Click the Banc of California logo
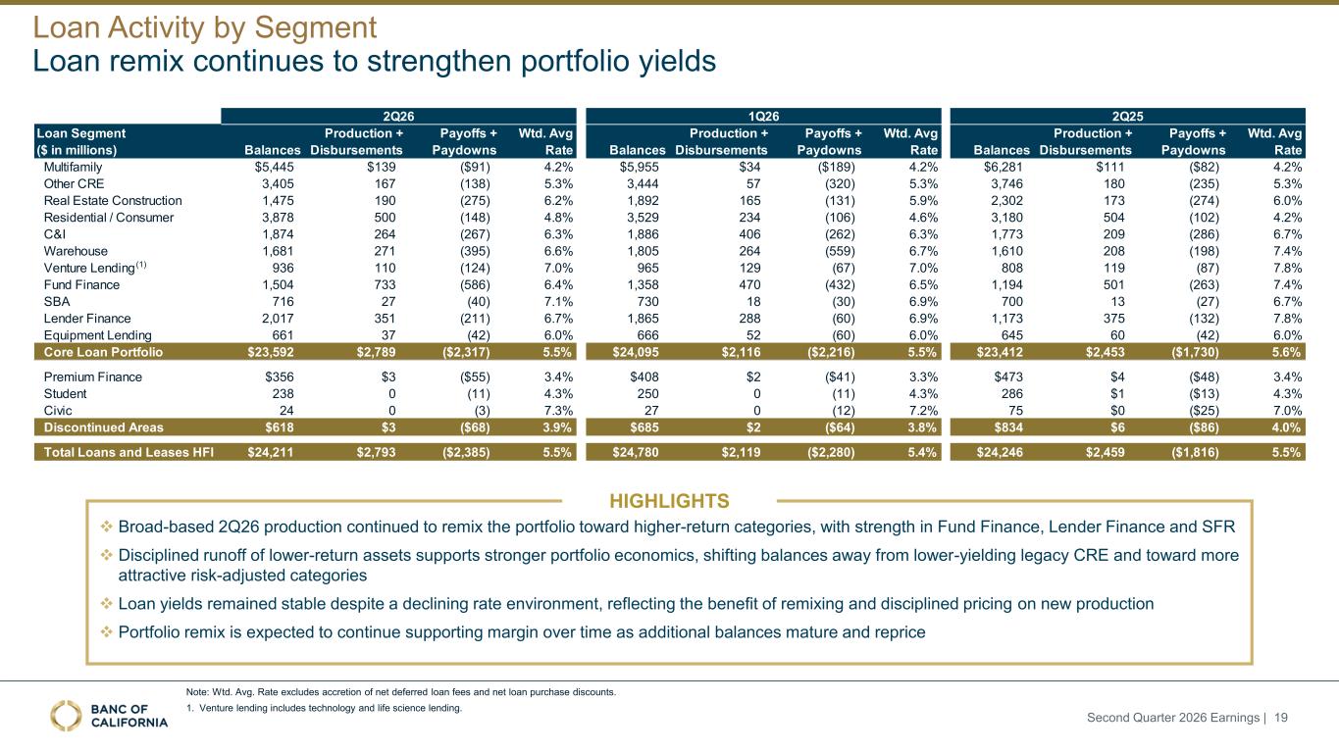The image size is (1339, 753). (x=109, y=716)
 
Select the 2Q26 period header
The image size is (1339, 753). (x=398, y=116)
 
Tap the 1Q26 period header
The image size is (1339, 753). (x=763, y=116)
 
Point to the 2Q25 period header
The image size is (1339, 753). (x=1127, y=116)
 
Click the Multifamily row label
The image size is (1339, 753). (x=73, y=168)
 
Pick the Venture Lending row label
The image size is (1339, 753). (x=94, y=267)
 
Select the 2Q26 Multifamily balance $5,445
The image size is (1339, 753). (x=275, y=168)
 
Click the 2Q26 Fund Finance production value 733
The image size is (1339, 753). (x=386, y=284)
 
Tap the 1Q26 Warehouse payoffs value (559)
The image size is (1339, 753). (x=840, y=251)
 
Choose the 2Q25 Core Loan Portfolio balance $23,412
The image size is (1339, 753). (x=1000, y=352)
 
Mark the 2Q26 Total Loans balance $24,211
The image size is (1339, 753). (x=271, y=452)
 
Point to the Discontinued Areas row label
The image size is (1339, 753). (x=103, y=427)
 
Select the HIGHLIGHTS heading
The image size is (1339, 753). (x=669, y=501)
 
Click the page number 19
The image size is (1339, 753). (x=1281, y=717)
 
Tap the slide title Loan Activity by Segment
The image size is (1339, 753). (x=204, y=26)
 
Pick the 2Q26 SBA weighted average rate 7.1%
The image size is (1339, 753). (x=558, y=301)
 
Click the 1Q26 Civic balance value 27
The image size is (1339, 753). (x=651, y=411)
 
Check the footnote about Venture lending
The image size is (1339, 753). (x=324, y=708)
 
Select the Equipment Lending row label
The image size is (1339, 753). (x=97, y=335)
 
